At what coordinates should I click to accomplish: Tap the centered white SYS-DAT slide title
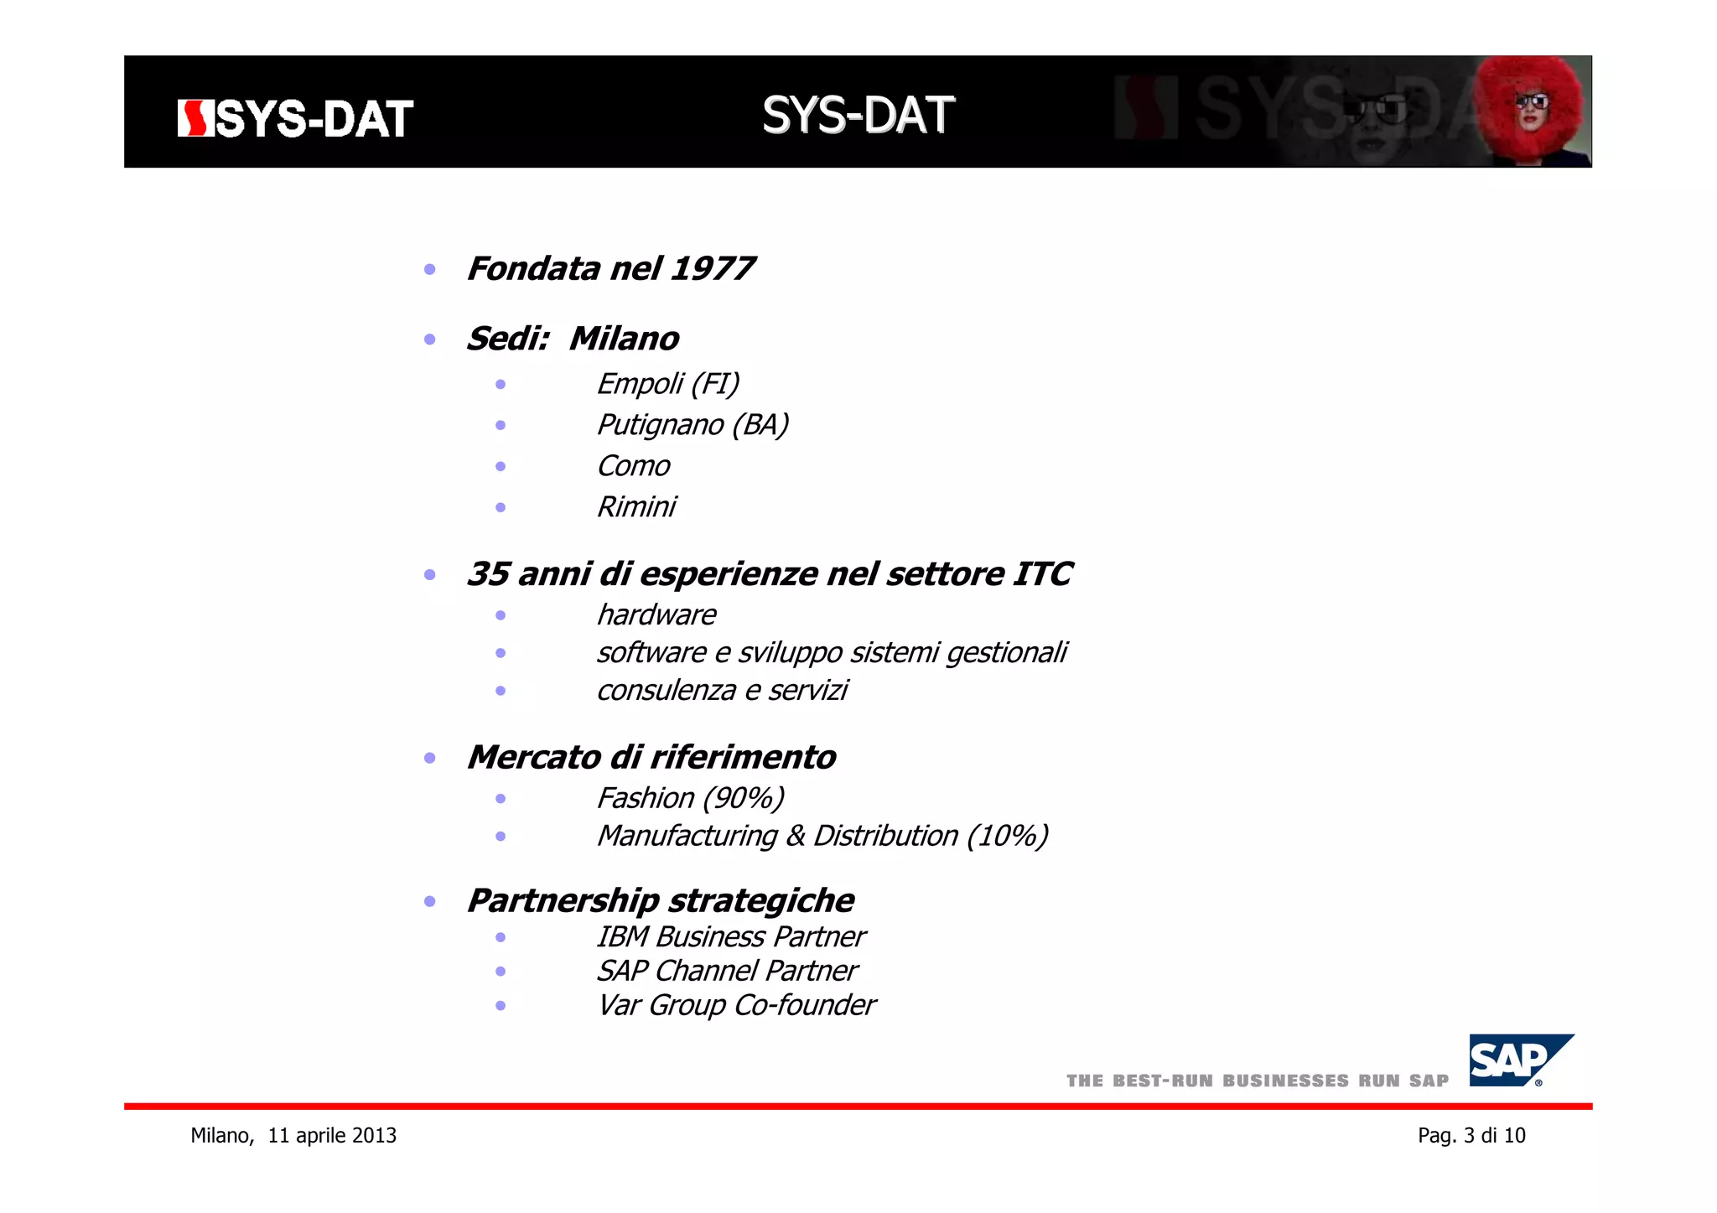pos(858,115)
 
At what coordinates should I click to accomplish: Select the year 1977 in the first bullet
pos(713,269)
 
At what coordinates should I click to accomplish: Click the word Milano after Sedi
pos(624,339)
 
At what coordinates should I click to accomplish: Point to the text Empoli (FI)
pos(667,384)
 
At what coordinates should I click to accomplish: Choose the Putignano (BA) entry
pos(693,425)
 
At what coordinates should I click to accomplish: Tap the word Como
pos(633,466)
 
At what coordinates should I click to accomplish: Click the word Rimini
pos(635,507)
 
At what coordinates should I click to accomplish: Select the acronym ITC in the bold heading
pos(1042,574)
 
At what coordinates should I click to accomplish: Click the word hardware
pos(656,615)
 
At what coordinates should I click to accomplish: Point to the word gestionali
pos(1006,653)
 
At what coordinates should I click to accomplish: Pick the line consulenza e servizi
pos(722,691)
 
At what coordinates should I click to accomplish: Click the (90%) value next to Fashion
pos(743,798)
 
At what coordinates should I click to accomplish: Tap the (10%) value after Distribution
pos(1007,836)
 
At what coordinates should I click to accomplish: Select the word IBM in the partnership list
pos(622,937)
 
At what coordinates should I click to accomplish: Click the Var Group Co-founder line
pos(735,1005)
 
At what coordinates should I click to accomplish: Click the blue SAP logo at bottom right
pos(1515,1060)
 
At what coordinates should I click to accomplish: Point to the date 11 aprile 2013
pos(332,1136)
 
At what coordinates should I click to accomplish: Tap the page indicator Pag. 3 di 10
pos(1471,1136)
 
